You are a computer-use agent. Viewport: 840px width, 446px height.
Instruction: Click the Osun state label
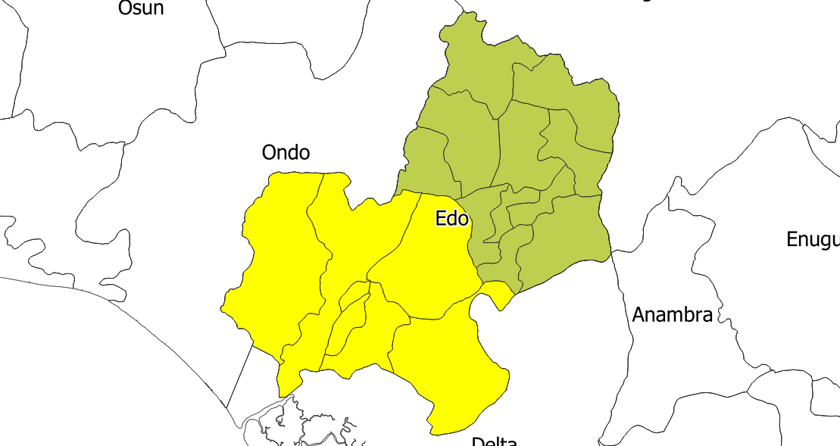(x=141, y=8)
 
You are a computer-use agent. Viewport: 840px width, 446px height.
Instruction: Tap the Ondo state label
(x=286, y=153)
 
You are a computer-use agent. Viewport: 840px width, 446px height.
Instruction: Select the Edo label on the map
(x=452, y=219)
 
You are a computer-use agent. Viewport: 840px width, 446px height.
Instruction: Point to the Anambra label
(x=672, y=315)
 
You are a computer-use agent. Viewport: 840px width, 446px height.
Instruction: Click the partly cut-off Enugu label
(x=813, y=240)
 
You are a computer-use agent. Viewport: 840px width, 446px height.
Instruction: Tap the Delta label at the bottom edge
(x=494, y=441)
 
